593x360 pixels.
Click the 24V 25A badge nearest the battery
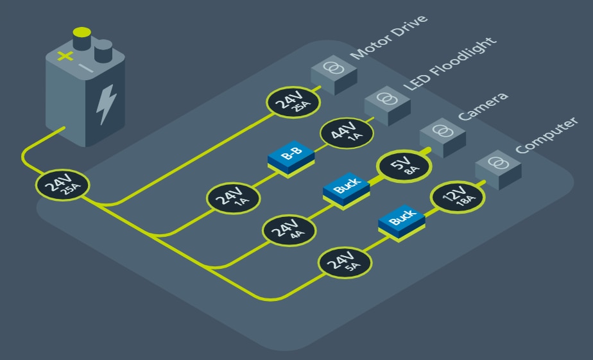tap(63, 186)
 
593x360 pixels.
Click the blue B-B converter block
tap(291, 156)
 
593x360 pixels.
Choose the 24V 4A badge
tap(288, 230)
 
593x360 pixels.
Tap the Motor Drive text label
tap(389, 37)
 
